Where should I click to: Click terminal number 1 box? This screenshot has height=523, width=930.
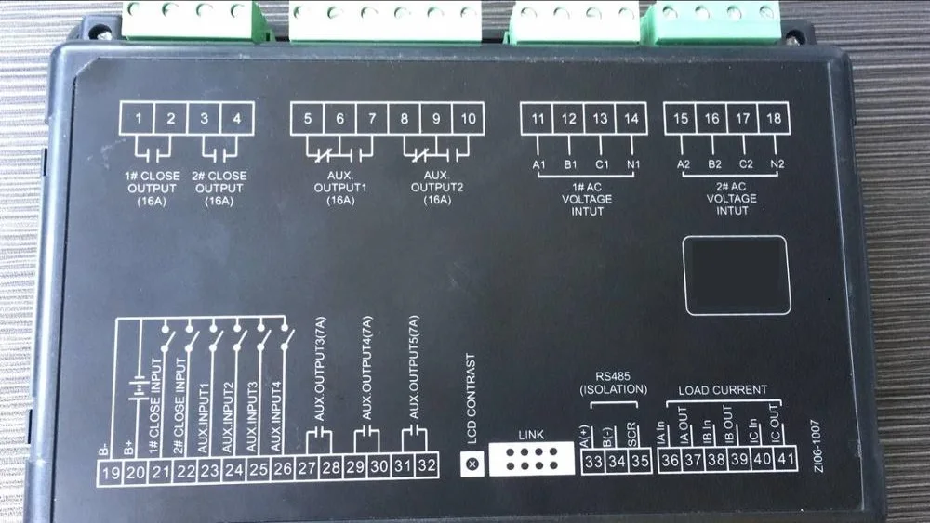point(139,119)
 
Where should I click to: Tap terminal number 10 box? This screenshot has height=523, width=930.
point(468,119)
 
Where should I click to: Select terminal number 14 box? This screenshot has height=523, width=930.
point(631,119)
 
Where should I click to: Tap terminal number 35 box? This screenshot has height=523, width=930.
point(640,462)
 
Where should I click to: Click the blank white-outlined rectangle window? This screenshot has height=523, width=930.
point(736,274)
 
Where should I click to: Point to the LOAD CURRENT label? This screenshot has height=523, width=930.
point(723,389)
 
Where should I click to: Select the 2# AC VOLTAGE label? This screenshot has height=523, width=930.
point(730,198)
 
